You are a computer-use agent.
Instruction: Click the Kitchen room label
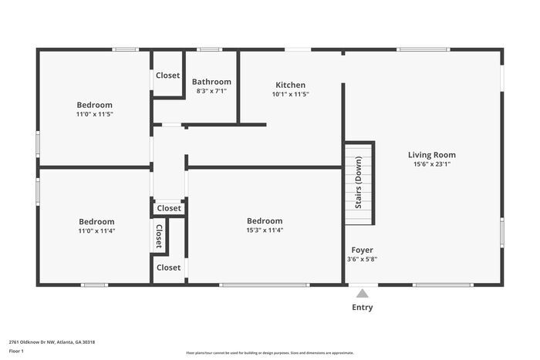tap(290, 85)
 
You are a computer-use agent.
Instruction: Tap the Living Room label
tap(431, 155)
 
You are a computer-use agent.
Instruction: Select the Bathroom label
tap(211, 82)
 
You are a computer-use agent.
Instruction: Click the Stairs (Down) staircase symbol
tap(359, 183)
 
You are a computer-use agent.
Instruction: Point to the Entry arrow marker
tap(362, 293)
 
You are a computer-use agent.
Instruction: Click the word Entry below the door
tap(362, 308)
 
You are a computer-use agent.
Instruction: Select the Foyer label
tap(362, 250)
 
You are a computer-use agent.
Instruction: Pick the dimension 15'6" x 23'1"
tap(431, 164)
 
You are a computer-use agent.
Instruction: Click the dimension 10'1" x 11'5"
tap(290, 94)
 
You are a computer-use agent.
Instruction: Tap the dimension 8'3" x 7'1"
tap(211, 91)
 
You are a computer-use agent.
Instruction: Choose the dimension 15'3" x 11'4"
tap(265, 230)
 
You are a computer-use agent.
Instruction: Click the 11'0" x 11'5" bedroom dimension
tap(94, 114)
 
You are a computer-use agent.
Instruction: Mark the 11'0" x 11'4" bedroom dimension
tap(96, 230)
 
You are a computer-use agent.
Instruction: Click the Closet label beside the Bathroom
tap(167, 76)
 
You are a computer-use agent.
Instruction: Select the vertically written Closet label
tap(159, 236)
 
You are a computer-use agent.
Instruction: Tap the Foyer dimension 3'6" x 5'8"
tap(362, 259)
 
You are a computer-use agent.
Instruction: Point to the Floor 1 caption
tap(16, 351)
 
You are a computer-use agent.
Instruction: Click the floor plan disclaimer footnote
tap(269, 352)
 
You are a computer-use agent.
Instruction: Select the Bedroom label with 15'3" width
tap(265, 220)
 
